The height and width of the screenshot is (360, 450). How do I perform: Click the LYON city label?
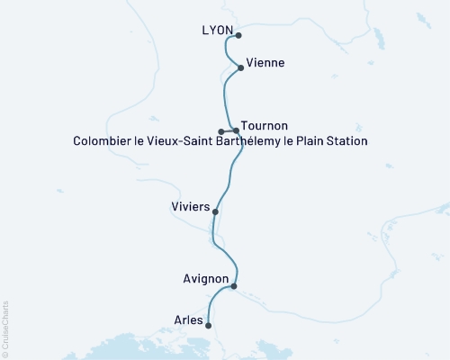coord(219,31)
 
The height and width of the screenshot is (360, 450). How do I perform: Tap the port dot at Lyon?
coord(238,36)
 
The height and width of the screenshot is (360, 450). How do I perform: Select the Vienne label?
coord(265,63)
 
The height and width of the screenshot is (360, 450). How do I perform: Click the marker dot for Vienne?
coord(240,67)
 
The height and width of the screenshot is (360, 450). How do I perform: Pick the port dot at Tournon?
coord(237,131)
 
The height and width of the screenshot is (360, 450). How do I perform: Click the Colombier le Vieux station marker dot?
coord(221,131)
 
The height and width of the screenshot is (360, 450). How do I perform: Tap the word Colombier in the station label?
coord(101,141)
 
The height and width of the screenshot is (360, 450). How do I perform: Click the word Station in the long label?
coord(346,141)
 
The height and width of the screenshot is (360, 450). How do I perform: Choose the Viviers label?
coord(190,207)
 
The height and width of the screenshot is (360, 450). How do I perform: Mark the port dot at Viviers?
coord(215,212)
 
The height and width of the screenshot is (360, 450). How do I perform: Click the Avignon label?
coord(204,280)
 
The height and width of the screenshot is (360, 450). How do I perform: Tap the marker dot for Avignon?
coord(234,286)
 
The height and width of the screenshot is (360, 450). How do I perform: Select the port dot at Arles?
coord(208,326)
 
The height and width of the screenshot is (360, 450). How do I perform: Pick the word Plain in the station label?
coord(306,141)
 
